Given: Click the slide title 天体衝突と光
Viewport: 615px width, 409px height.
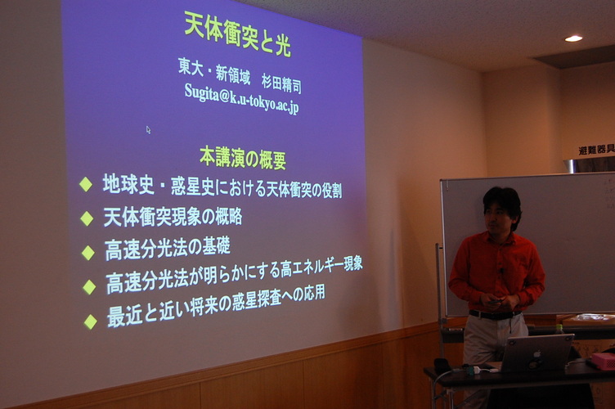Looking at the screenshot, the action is pyautogui.click(x=238, y=34).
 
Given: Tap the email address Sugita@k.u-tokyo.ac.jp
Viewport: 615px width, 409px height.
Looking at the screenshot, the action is pyautogui.click(x=241, y=99).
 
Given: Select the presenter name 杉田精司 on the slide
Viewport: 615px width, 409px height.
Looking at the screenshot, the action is pyautogui.click(x=281, y=83).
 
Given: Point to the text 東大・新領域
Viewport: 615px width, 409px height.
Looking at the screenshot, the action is pyautogui.click(x=214, y=72).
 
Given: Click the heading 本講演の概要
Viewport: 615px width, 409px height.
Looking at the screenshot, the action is pyautogui.click(x=243, y=158).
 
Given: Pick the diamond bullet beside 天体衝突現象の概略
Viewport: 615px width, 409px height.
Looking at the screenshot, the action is pyautogui.click(x=87, y=218).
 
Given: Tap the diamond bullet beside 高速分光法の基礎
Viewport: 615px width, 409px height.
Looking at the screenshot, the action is pyautogui.click(x=88, y=253).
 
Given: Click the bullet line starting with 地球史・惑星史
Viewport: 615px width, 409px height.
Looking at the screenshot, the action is pyautogui.click(x=222, y=187).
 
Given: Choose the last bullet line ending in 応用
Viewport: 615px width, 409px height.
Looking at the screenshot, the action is pyautogui.click(x=216, y=307).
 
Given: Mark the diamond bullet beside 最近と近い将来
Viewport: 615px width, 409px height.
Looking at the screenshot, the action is pyautogui.click(x=90, y=322).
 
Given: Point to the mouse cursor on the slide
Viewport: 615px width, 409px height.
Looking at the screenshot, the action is pyautogui.click(x=148, y=130).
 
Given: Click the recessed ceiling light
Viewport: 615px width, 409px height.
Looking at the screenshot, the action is pyautogui.click(x=573, y=38).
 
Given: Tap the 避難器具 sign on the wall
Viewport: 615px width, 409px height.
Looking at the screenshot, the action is pyautogui.click(x=596, y=150).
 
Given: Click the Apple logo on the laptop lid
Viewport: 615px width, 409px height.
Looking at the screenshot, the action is pyautogui.click(x=536, y=355).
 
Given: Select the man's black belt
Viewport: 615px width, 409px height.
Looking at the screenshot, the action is pyautogui.click(x=495, y=314).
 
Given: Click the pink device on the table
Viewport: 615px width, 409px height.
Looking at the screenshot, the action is pyautogui.click(x=604, y=362).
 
